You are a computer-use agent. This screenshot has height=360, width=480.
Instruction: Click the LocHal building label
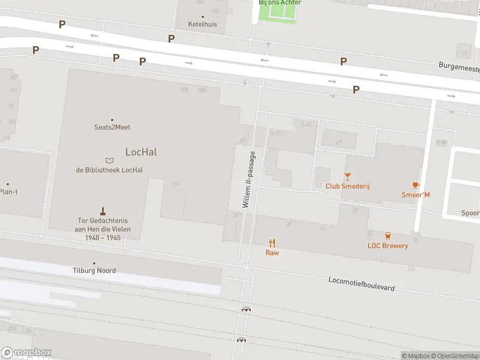click(141, 152)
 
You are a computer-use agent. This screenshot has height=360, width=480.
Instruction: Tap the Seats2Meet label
click(112, 127)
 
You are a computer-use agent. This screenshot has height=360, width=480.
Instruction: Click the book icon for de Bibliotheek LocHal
click(109, 160)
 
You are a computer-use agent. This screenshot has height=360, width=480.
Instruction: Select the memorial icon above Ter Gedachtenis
click(103, 211)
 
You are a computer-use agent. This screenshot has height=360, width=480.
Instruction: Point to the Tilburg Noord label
click(95, 271)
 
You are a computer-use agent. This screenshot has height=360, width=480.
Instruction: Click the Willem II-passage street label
click(249, 179)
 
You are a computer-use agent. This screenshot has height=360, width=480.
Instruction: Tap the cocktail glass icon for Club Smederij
click(347, 176)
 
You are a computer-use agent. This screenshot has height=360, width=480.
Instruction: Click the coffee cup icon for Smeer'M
click(415, 185)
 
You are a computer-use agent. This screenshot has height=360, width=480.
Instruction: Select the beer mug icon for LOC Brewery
click(388, 236)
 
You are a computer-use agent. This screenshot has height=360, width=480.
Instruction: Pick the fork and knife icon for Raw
click(272, 243)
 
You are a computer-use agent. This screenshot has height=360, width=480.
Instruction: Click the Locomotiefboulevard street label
click(361, 284)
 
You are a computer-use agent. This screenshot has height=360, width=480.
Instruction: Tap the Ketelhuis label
click(202, 25)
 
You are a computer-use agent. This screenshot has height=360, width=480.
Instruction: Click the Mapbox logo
click(26, 353)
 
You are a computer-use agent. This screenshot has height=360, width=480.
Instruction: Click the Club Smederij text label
click(347, 186)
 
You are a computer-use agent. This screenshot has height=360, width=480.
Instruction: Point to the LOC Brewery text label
click(388, 245)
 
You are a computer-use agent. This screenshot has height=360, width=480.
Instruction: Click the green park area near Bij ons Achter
click(277, 13)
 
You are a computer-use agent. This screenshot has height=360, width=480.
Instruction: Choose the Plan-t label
click(8, 192)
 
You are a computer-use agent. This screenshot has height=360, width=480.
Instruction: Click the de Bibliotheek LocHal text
click(109, 170)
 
